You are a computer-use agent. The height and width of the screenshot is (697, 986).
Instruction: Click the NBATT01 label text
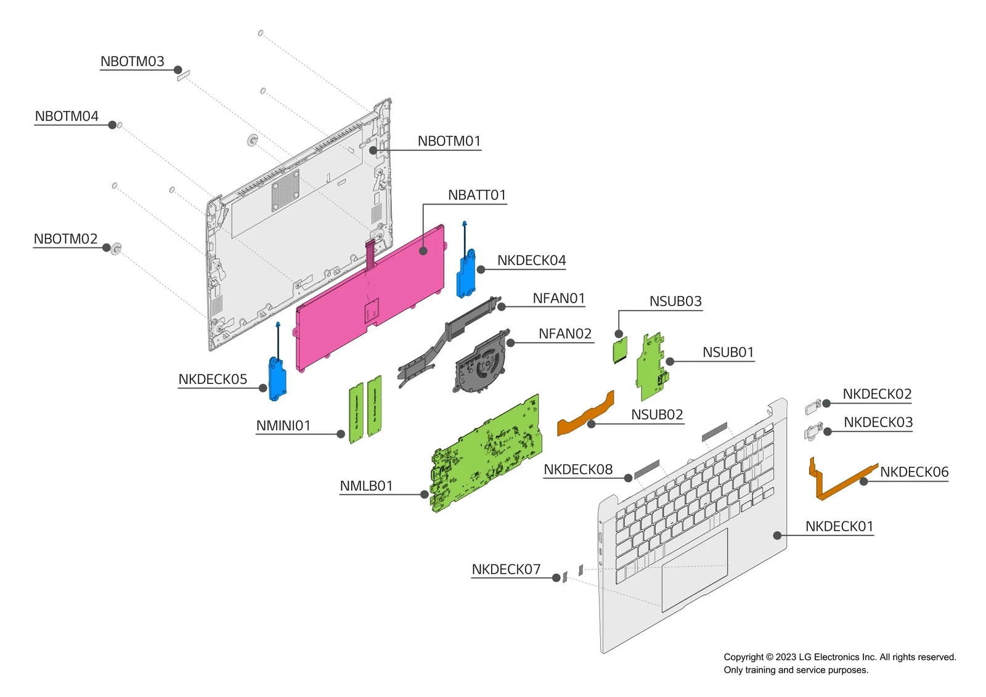476,195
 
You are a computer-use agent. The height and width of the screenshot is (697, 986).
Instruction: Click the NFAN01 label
558,298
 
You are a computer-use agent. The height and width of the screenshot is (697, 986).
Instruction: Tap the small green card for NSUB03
620,350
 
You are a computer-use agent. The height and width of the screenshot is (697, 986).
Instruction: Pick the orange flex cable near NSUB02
586,414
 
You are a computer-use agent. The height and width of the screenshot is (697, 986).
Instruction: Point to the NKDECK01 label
839,526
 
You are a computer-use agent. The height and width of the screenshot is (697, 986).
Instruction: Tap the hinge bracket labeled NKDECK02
813,407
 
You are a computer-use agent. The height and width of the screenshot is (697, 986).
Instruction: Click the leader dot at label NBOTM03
178,70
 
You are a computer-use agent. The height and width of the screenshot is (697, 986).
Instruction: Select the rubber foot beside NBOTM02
116,248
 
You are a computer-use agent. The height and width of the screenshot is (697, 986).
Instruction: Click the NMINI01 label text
283,426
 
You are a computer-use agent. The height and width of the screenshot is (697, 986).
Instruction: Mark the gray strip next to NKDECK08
646,469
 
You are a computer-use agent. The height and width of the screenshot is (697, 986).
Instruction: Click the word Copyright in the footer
743,657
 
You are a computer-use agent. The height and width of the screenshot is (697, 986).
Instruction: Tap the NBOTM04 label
67,116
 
